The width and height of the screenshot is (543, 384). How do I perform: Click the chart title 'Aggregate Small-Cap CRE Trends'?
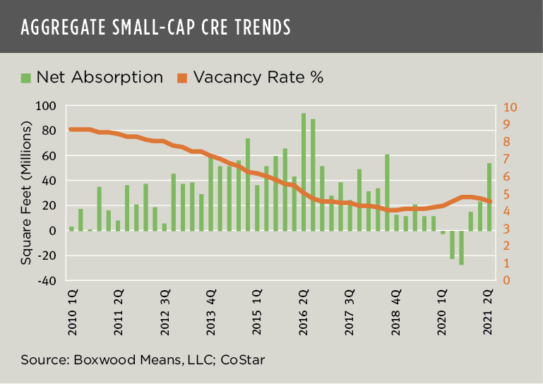(155, 27)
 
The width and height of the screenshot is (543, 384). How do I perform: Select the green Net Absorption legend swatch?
(26, 77)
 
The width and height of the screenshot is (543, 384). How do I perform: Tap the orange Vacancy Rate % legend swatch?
(181, 77)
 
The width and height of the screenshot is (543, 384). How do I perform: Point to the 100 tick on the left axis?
(47, 106)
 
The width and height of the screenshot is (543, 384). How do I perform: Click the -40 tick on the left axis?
(47, 280)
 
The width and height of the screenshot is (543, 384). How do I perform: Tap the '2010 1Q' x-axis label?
(72, 307)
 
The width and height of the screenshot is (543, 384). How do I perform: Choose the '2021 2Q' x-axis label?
(489, 307)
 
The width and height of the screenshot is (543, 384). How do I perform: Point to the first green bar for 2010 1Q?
(71, 228)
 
